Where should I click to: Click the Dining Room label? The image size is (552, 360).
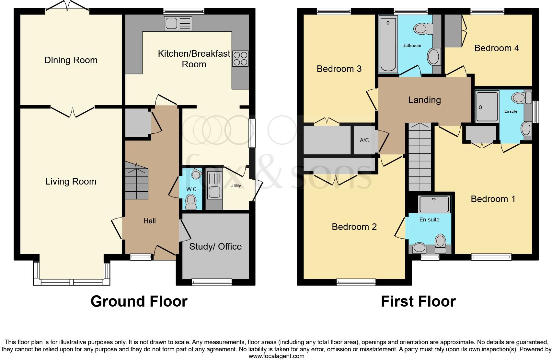click(x=71, y=60)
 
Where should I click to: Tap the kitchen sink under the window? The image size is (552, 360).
click(x=178, y=24)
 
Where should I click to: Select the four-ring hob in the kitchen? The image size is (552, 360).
click(x=240, y=59)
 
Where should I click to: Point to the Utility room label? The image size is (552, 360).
click(x=236, y=186)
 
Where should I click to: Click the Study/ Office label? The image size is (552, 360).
click(x=215, y=246)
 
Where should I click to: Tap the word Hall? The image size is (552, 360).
click(x=150, y=221)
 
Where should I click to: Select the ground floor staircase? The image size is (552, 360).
click(x=136, y=180)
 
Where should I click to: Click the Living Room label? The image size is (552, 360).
click(x=71, y=182)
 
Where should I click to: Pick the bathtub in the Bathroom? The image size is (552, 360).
click(x=388, y=44)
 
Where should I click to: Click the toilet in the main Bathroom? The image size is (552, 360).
click(x=423, y=29)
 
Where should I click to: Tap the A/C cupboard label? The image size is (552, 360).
click(x=364, y=141)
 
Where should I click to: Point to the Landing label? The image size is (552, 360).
click(x=424, y=100)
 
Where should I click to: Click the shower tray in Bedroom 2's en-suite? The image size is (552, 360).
click(x=434, y=204)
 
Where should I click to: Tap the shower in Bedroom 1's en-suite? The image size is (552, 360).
click(x=487, y=107)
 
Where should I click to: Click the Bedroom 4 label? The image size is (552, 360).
click(x=497, y=48)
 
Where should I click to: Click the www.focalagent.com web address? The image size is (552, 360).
click(x=277, y=356)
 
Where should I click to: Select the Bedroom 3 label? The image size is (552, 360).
click(x=339, y=69)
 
